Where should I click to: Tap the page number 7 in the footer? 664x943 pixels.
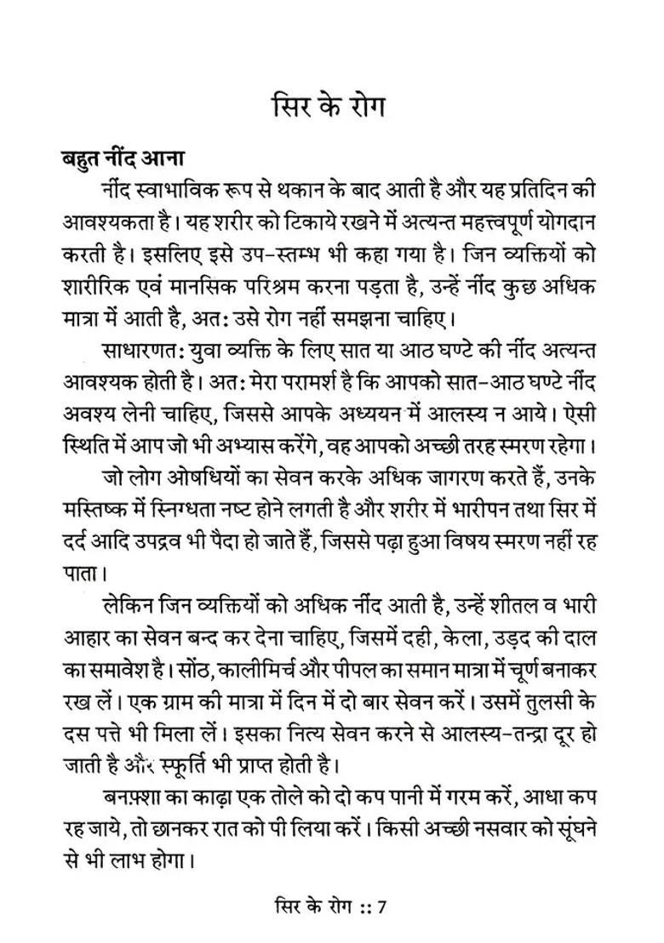coord(382,905)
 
